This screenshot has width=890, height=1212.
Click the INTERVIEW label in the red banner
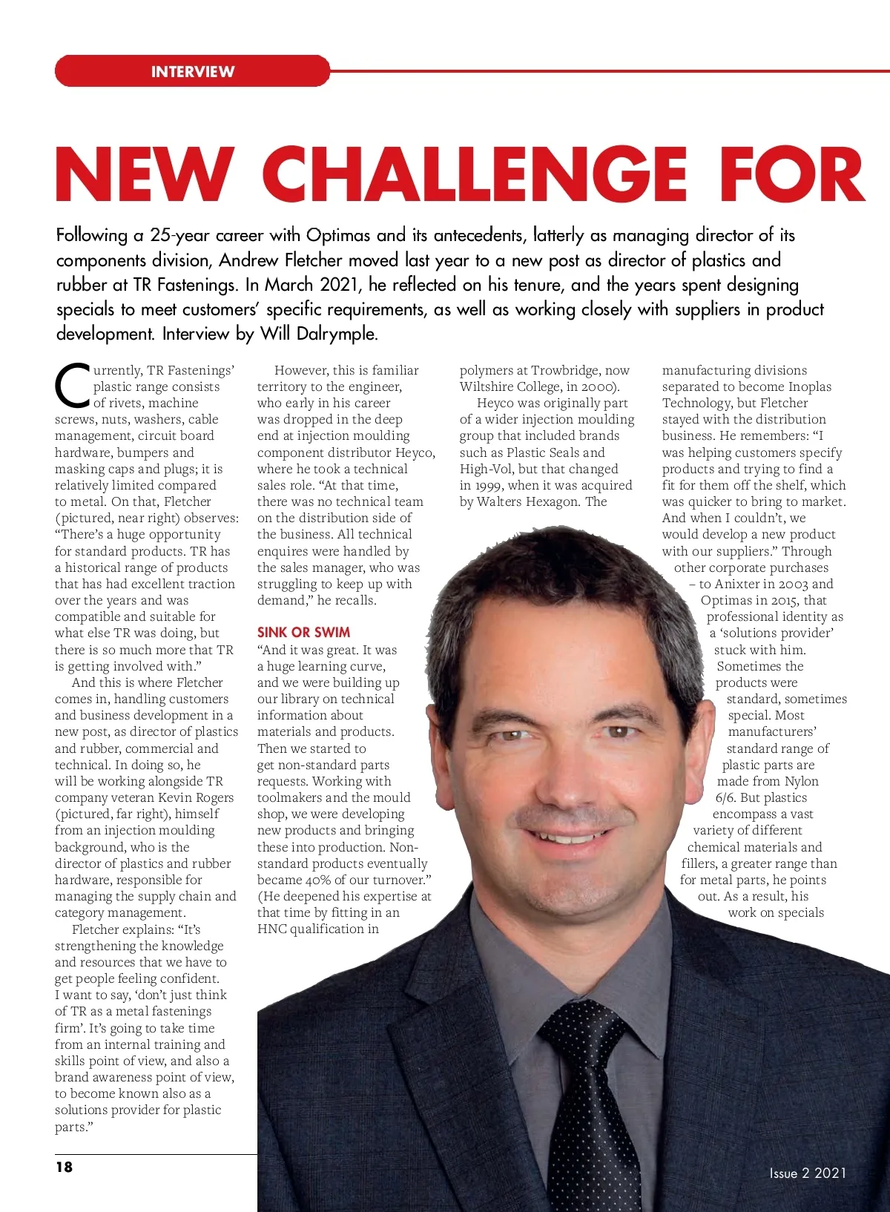(x=192, y=72)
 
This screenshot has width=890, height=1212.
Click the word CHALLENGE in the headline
(x=475, y=174)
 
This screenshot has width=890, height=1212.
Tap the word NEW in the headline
(x=144, y=174)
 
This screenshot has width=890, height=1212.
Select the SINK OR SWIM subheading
(x=303, y=633)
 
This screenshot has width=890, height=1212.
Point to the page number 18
(x=65, y=1167)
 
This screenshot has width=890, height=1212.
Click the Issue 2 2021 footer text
(x=808, y=1173)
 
